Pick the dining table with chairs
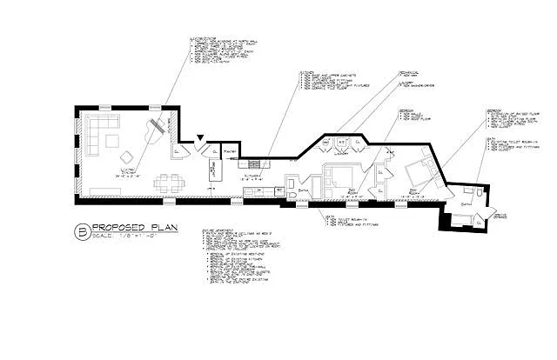pyautogui.click(x=168, y=183)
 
